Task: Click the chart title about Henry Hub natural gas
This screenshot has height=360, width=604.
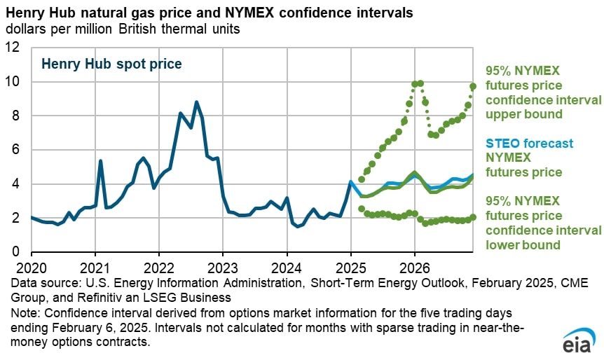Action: (x=210, y=13)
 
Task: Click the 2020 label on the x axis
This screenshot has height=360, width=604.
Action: (x=32, y=268)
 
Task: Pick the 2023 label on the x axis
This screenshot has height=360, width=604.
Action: (x=223, y=268)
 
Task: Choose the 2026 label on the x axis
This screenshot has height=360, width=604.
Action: (x=414, y=268)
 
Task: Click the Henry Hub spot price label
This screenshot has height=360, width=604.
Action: (x=111, y=64)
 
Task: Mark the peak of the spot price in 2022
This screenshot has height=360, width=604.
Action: (x=196, y=102)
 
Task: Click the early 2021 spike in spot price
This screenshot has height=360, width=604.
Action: (x=100, y=161)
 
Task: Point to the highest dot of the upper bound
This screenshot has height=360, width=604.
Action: (x=420, y=83)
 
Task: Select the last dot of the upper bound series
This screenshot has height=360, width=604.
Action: (x=473, y=86)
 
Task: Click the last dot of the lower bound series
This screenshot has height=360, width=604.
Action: (x=473, y=217)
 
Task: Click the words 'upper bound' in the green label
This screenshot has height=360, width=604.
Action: (x=523, y=113)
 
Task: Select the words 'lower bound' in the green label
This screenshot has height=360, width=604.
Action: (x=523, y=244)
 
